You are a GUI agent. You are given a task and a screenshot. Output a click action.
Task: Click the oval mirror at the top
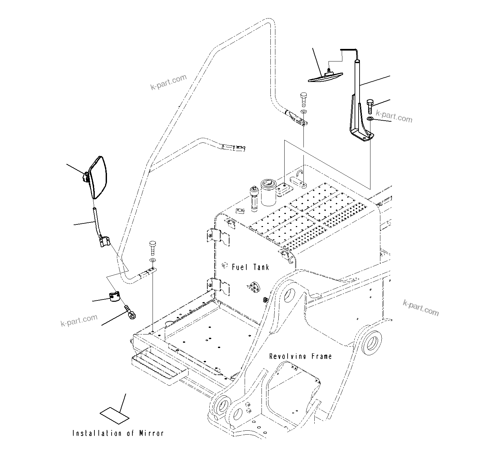point(325,77)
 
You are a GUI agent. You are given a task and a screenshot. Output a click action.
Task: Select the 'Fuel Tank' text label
point(250,267)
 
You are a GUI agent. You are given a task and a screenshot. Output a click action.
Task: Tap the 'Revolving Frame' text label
point(300,356)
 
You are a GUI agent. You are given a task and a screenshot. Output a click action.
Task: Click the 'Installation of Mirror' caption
point(118,433)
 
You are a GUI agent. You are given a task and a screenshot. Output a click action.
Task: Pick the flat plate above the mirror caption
point(114,416)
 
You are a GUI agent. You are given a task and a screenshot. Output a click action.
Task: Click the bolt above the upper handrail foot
point(303,98)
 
